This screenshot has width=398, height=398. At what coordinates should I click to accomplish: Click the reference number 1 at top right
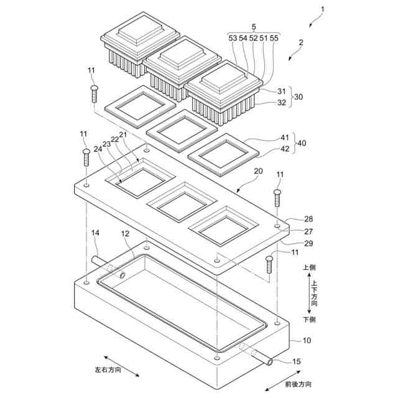click(x=322, y=9)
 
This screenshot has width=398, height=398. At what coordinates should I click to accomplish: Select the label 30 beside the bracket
click(x=298, y=97)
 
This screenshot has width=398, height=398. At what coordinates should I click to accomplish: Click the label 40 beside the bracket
click(x=302, y=143)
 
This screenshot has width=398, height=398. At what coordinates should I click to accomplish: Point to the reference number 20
click(x=258, y=171)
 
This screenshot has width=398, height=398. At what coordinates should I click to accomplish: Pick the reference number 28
click(x=309, y=219)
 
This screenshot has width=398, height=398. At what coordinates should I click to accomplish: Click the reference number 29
click(x=309, y=243)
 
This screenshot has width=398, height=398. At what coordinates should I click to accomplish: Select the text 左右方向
click(x=108, y=371)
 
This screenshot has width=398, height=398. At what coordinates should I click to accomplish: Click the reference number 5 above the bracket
click(x=254, y=27)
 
